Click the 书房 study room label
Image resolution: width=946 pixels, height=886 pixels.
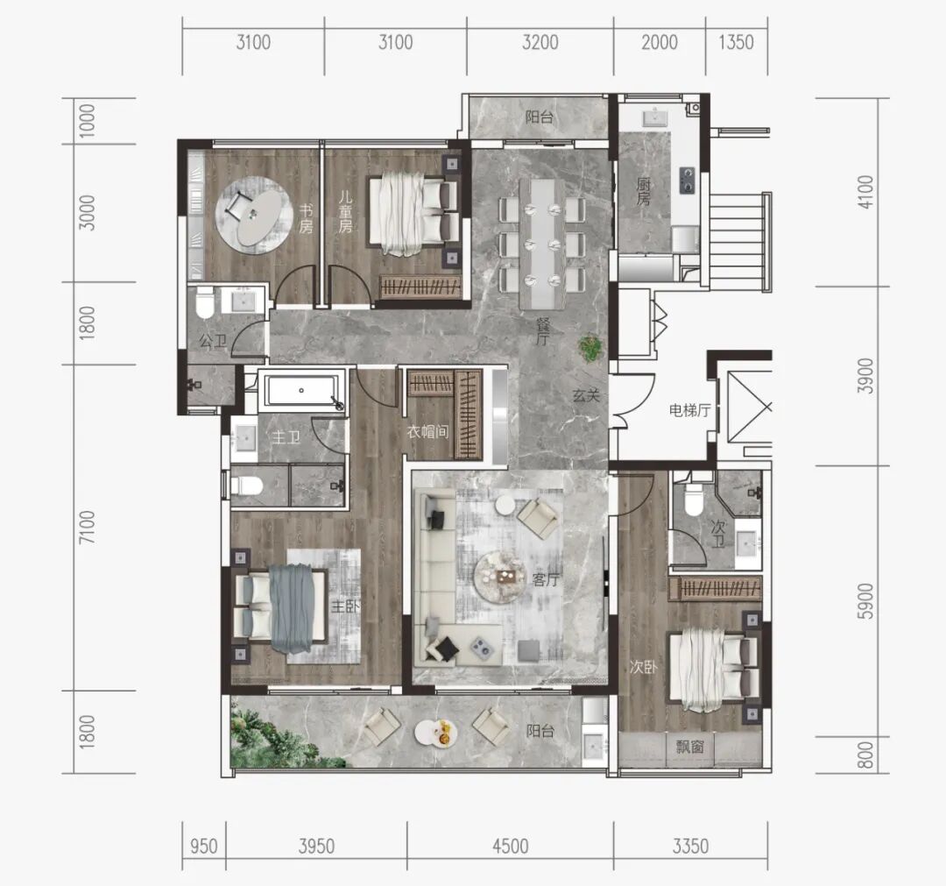[306, 219]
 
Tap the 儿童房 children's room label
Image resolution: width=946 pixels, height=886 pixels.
[345, 212]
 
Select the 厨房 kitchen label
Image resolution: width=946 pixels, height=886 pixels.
[644, 191]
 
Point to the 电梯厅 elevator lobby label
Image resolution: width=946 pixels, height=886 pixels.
[689, 411]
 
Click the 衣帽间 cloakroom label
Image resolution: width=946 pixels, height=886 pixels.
[427, 431]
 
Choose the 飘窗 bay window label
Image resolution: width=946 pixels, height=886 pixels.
[689, 747]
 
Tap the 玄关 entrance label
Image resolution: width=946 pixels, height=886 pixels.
[586, 396]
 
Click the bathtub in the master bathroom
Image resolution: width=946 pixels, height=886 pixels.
[302, 390]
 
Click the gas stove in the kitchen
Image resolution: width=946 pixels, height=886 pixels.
[688, 180]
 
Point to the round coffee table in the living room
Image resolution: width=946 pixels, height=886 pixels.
[498, 577]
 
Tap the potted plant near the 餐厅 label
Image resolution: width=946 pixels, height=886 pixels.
[590, 348]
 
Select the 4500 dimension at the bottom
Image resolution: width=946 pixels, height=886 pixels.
[511, 847]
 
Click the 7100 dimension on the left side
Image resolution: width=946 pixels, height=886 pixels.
[88, 527]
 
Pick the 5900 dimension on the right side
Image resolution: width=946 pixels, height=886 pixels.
[865, 601]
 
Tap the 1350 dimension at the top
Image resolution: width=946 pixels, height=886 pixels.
[736, 42]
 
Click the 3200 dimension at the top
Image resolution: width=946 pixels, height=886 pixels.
[540, 42]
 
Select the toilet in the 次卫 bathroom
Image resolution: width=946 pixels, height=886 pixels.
[693, 500]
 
